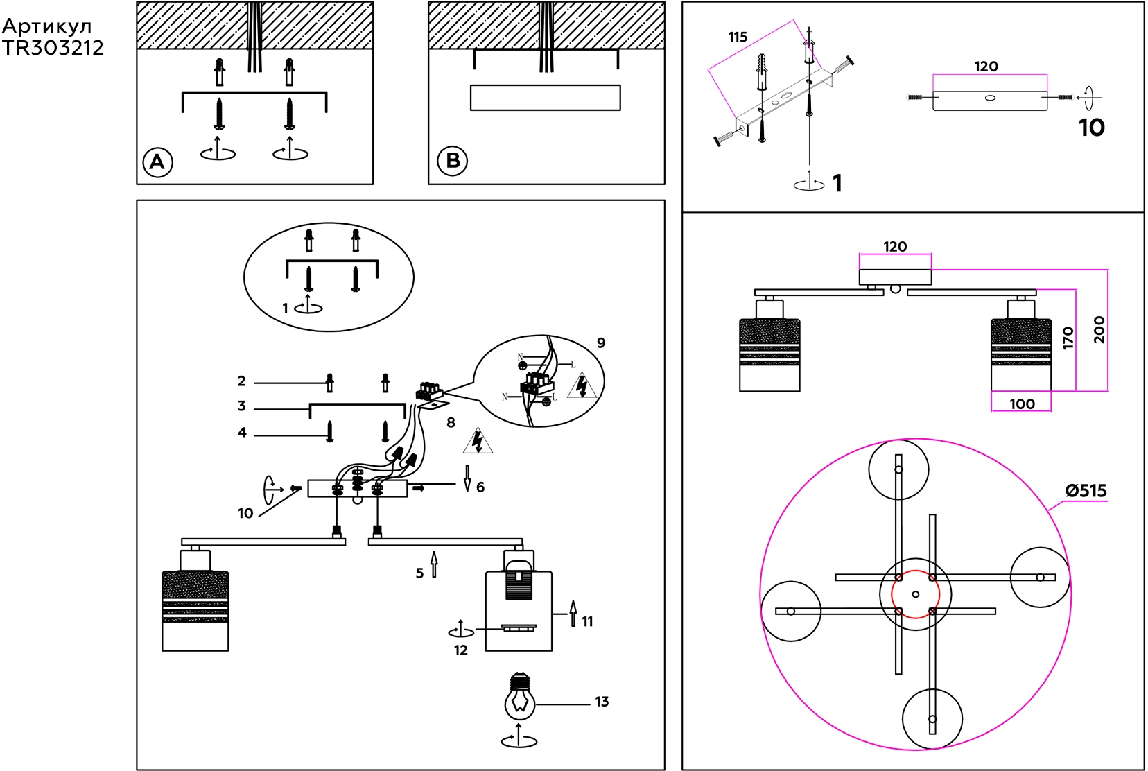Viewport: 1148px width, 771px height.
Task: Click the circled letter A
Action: coord(157,162)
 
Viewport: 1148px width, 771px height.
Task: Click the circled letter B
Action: coord(453,161)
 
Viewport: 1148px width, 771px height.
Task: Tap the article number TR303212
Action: coord(53,48)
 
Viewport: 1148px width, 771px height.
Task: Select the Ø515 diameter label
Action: coord(1086,491)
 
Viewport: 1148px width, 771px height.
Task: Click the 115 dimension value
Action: coord(738,37)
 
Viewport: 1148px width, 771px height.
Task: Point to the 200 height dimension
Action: coord(1099,329)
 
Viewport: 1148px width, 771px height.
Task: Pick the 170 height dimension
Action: coord(1068,338)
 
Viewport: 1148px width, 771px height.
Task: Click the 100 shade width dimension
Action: coord(1022,404)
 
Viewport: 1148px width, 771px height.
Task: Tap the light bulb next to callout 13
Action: coord(520,700)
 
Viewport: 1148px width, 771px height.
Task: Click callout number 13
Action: coord(602,702)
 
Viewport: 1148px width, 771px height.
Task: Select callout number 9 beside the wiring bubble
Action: coord(601,343)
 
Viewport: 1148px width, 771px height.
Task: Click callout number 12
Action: coord(461,650)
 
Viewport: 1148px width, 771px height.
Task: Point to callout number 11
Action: coord(587,621)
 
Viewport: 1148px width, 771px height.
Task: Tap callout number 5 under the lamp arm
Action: coord(419,573)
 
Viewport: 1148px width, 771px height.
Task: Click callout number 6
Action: coord(480,487)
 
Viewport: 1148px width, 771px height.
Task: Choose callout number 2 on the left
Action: coord(241,381)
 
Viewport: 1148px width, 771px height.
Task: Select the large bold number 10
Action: coord(1091,128)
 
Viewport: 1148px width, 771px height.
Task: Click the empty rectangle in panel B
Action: coord(545,98)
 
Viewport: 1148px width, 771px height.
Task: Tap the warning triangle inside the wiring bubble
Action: coord(582,386)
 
